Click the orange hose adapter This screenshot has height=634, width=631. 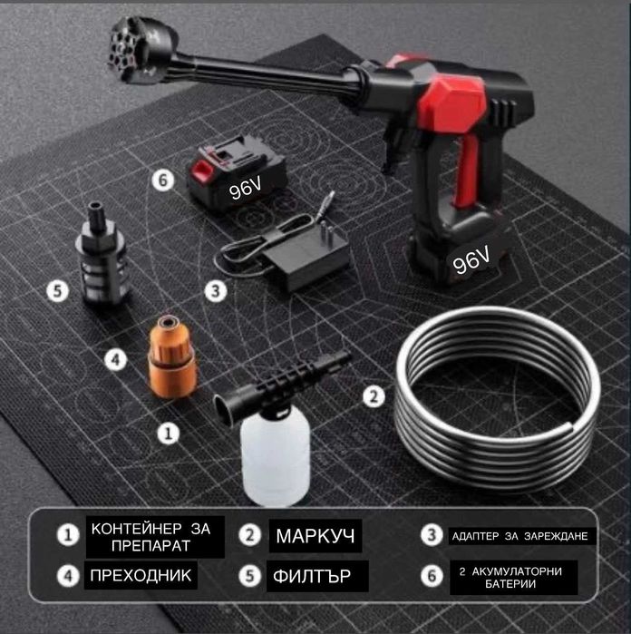point(172,357)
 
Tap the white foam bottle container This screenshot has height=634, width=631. point(275,455)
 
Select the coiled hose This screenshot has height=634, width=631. point(498,398)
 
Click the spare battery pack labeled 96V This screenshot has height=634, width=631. point(237,174)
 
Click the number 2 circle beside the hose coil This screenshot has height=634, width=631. point(374,396)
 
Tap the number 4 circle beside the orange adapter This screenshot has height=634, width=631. point(116,359)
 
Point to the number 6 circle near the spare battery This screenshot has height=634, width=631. point(163,180)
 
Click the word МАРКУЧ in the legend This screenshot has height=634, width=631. point(315,536)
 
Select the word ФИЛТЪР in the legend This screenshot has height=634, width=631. point(312,576)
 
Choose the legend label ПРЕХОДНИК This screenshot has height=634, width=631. point(141,575)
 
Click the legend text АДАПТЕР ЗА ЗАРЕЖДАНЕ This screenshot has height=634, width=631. point(519,536)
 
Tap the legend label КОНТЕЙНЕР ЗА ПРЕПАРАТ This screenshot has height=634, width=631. point(150,537)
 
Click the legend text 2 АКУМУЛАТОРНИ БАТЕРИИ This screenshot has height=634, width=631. point(510,578)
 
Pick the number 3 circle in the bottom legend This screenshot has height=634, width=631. point(432,535)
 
